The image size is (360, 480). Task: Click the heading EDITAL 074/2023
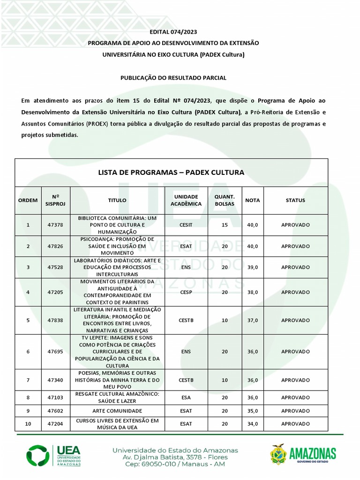point(173,32)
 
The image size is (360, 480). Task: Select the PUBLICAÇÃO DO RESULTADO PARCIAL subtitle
point(173,77)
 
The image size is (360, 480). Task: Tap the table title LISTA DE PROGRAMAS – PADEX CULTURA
point(171,172)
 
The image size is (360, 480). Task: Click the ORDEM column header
point(28,200)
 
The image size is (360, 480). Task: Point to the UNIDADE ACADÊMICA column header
point(186,200)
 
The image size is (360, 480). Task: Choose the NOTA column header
point(252,200)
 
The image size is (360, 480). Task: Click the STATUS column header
point(295,200)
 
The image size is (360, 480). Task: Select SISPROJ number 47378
point(55,225)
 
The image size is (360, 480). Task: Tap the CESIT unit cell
point(186,225)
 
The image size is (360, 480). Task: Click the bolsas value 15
point(225,225)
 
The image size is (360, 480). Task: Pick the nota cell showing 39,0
point(252,267)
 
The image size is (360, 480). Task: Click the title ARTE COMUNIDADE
point(117,411)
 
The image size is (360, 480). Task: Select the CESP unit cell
point(186,292)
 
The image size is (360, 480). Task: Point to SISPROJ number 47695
point(55,352)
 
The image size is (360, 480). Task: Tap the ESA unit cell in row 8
point(186,397)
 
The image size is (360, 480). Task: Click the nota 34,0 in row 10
point(252,424)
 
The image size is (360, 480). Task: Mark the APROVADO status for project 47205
point(295,292)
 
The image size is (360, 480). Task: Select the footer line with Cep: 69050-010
point(175,464)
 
